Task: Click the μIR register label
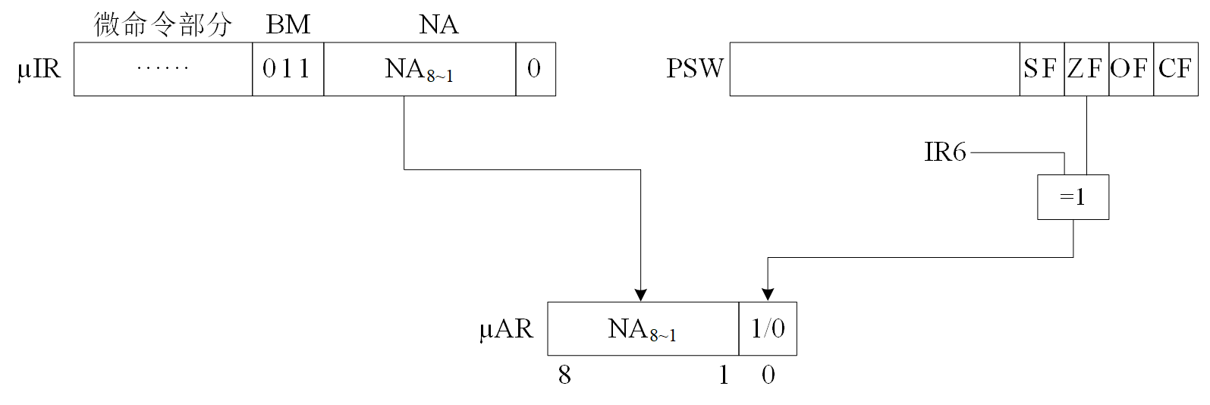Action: click(39, 69)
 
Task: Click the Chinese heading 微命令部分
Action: click(162, 25)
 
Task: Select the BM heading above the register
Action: click(288, 25)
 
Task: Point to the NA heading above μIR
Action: click(438, 25)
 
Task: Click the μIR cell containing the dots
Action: click(162, 69)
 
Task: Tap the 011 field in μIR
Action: click(288, 69)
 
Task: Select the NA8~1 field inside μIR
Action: click(419, 69)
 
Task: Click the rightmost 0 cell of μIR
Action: click(535, 69)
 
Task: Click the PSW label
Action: click(695, 69)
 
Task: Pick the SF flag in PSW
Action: click(1041, 69)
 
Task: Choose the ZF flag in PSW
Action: click(1086, 69)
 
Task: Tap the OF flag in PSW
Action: click(1130, 69)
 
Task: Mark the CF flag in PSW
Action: click(1176, 69)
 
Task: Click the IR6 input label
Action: click(945, 152)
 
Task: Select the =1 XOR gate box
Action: click(1073, 197)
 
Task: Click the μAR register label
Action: click(506, 329)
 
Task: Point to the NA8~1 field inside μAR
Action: click(643, 329)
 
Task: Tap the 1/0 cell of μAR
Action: click(768, 329)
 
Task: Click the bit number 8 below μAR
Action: click(564, 375)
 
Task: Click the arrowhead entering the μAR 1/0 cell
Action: click(768, 295)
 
